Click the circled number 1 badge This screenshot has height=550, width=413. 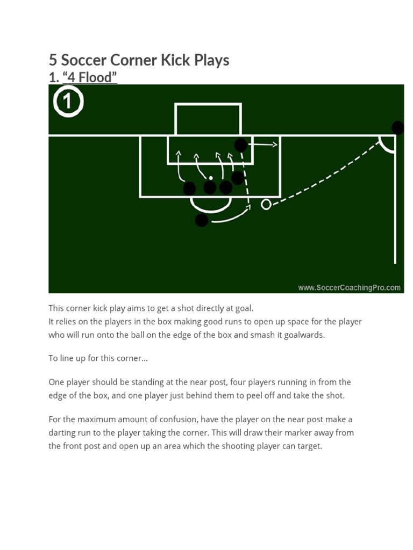pyautogui.click(x=68, y=102)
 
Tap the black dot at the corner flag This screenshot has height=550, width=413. pyautogui.click(x=397, y=128)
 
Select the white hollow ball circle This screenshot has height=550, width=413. pyautogui.click(x=266, y=204)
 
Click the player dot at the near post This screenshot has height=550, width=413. pyautogui.click(x=241, y=145)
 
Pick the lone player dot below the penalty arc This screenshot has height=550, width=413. pyautogui.click(x=201, y=220)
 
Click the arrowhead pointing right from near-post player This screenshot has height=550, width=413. pyautogui.click(x=275, y=144)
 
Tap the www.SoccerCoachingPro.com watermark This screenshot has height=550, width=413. pyautogui.click(x=349, y=287)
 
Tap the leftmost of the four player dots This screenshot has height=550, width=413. pyautogui.click(x=189, y=189)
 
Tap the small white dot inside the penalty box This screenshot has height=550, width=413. pyautogui.click(x=211, y=177)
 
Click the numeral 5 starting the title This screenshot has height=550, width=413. pyautogui.click(x=53, y=60)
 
